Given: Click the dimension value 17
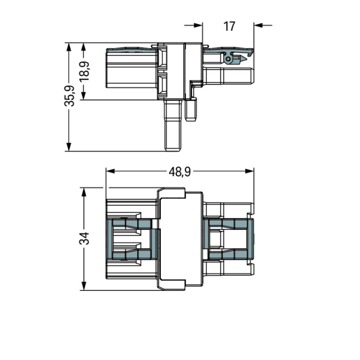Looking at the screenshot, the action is click(229, 26).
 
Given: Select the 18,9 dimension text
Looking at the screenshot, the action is click(84, 71).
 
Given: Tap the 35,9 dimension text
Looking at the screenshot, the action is click(69, 96).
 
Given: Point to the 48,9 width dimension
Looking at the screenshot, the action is click(180, 171).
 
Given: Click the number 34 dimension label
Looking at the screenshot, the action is click(84, 238).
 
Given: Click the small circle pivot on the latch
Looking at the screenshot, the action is click(228, 59).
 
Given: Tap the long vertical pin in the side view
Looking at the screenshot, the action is click(173, 125).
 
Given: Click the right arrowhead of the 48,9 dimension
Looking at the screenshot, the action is click(250, 171).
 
